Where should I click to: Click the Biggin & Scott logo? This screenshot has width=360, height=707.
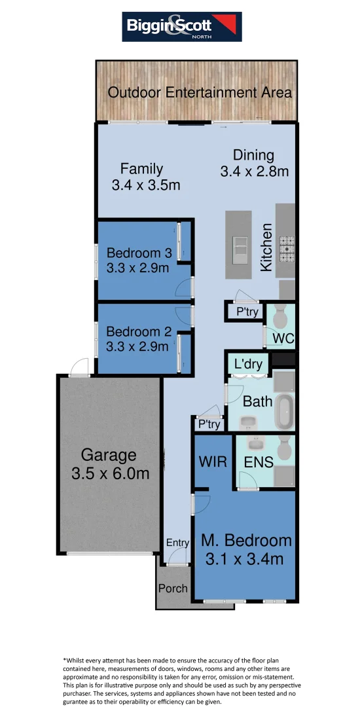[182, 27]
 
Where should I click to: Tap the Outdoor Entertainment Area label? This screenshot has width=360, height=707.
[199, 92]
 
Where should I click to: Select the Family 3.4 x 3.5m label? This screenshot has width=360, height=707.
[145, 177]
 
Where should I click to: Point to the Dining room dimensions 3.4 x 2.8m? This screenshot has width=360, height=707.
[254, 172]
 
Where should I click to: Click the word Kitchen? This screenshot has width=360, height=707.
[267, 247]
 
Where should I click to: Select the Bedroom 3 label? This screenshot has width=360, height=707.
[138, 253]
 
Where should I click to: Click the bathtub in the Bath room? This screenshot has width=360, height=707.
[284, 411]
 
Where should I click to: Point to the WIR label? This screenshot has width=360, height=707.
[213, 462]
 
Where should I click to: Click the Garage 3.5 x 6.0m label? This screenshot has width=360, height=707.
[109, 463]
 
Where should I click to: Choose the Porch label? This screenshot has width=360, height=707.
[173, 588]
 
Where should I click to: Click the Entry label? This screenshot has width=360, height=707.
[177, 543]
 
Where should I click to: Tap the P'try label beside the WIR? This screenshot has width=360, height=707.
[209, 425]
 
